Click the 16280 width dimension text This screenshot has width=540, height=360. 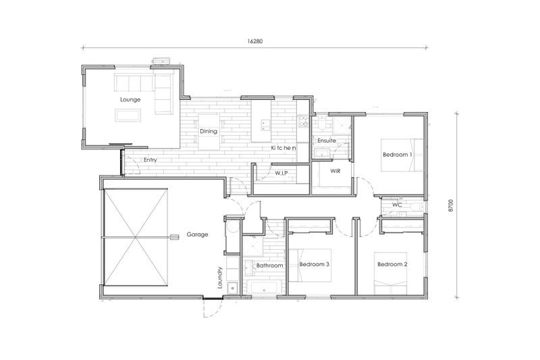(254, 41)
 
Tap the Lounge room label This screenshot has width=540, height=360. (130, 99)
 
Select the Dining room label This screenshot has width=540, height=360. (208, 131)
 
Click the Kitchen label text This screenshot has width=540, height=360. (284, 147)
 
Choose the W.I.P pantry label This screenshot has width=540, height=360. (281, 173)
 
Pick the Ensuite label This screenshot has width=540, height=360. (327, 140)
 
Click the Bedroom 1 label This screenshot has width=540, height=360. (398, 155)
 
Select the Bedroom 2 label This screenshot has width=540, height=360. (392, 264)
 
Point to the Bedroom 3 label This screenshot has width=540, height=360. (314, 264)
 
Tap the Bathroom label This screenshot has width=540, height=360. (269, 266)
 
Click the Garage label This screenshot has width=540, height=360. (198, 234)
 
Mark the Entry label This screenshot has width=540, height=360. (151, 160)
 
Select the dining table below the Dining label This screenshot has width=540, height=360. (209, 143)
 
